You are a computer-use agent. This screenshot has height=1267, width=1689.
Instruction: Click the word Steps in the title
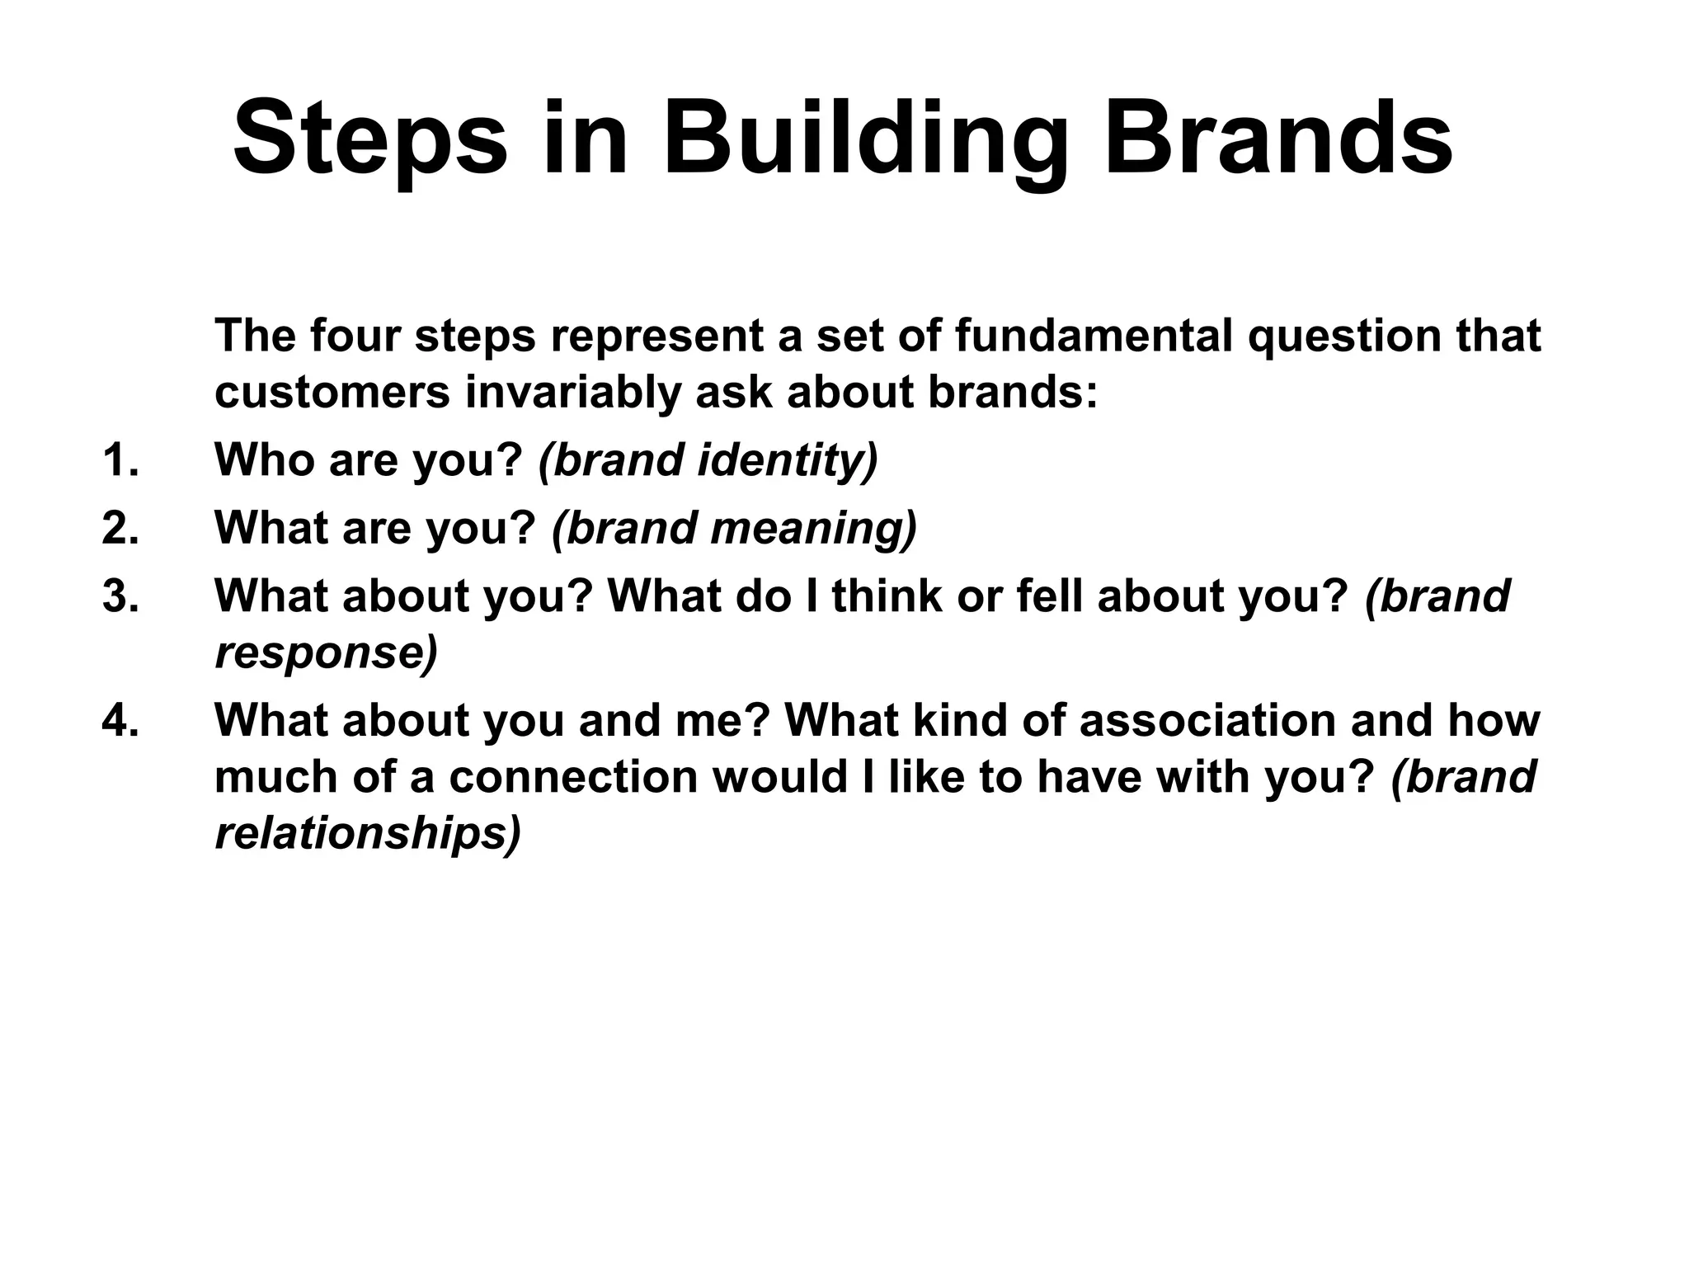(x=370, y=138)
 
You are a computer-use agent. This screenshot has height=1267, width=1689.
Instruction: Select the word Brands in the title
(x=1277, y=138)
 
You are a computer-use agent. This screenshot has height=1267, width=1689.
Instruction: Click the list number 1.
(x=120, y=459)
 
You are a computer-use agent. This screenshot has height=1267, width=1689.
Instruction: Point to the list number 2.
(x=120, y=528)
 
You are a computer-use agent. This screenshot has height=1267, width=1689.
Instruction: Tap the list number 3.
(x=120, y=596)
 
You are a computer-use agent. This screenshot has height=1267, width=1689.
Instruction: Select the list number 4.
(x=120, y=720)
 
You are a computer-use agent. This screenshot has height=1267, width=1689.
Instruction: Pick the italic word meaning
(x=812, y=528)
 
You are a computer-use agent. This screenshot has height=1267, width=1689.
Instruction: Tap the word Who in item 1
(x=264, y=459)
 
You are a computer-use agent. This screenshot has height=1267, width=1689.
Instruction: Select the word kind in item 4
(x=957, y=720)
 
